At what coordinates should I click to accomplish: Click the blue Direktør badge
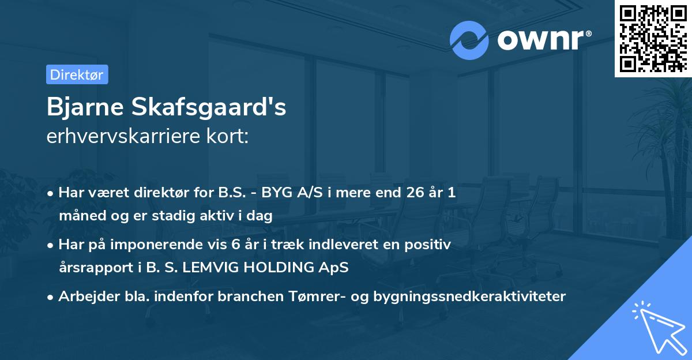pyautogui.click(x=77, y=74)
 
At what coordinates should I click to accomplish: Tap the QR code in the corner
pyautogui.click(x=653, y=39)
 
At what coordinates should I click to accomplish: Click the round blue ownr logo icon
pyautogui.click(x=469, y=40)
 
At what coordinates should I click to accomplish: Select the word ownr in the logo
pyautogui.click(x=541, y=40)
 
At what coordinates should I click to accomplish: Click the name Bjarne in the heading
pyautogui.click(x=85, y=107)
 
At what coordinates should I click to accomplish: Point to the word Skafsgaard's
pyautogui.click(x=209, y=107)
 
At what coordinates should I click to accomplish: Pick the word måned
pyautogui.click(x=82, y=215)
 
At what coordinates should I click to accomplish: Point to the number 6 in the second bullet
pyautogui.click(x=235, y=245)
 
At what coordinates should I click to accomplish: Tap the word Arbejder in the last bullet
pyautogui.click(x=89, y=297)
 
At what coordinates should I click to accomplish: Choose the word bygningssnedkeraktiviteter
pyautogui.click(x=469, y=297)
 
